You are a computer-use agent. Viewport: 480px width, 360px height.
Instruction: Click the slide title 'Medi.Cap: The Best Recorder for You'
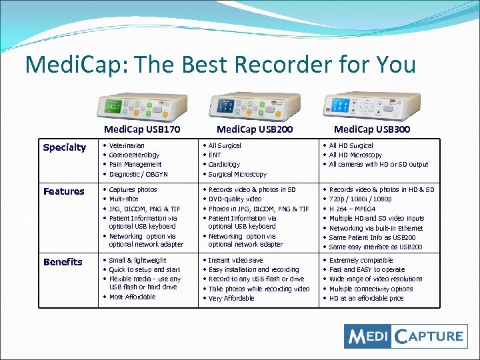coord(220,65)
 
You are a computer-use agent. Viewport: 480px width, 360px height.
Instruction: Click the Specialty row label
coord(64,147)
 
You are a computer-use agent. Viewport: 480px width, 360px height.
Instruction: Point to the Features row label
coord(64,191)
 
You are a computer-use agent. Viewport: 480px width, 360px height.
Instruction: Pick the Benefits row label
coord(63,262)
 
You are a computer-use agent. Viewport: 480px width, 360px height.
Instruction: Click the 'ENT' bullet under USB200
coord(214,155)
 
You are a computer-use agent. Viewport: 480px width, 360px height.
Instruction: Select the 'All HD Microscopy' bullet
coord(355,155)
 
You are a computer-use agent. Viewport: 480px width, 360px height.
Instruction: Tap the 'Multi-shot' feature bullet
coord(124,199)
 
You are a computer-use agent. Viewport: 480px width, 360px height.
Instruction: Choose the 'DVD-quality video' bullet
coord(235,199)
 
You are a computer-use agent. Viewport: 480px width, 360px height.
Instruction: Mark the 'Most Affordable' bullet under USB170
coord(132,297)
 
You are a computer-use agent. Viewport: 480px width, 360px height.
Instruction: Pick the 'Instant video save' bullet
coord(235,260)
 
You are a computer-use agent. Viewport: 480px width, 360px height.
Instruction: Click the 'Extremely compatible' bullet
coord(361,260)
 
